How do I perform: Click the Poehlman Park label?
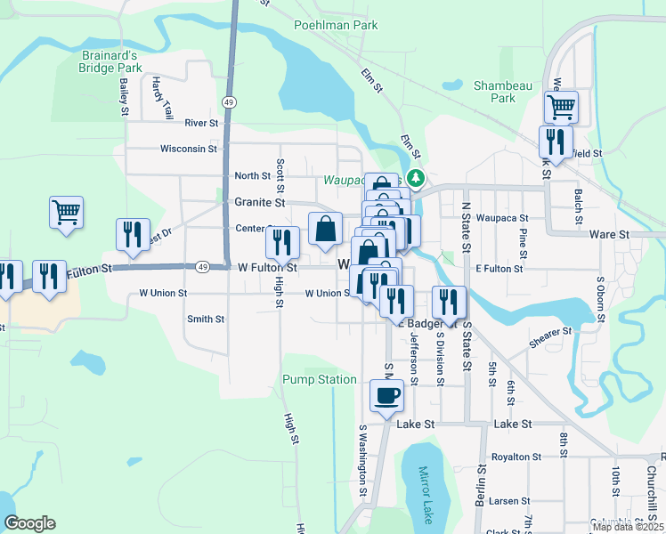coord(337,25)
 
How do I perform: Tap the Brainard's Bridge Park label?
coord(110,61)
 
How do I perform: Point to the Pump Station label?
coord(320,379)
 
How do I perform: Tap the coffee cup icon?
coord(386,395)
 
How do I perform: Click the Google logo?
coord(29,523)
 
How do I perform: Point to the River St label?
coord(201,123)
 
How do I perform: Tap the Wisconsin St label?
coord(189,150)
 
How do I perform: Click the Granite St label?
coord(259,202)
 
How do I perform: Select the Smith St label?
coord(206,319)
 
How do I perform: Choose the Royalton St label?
coord(516,456)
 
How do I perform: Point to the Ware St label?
coord(610,234)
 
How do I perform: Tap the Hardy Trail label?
coord(162,98)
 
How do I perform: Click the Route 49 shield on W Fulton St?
coord(203,267)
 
